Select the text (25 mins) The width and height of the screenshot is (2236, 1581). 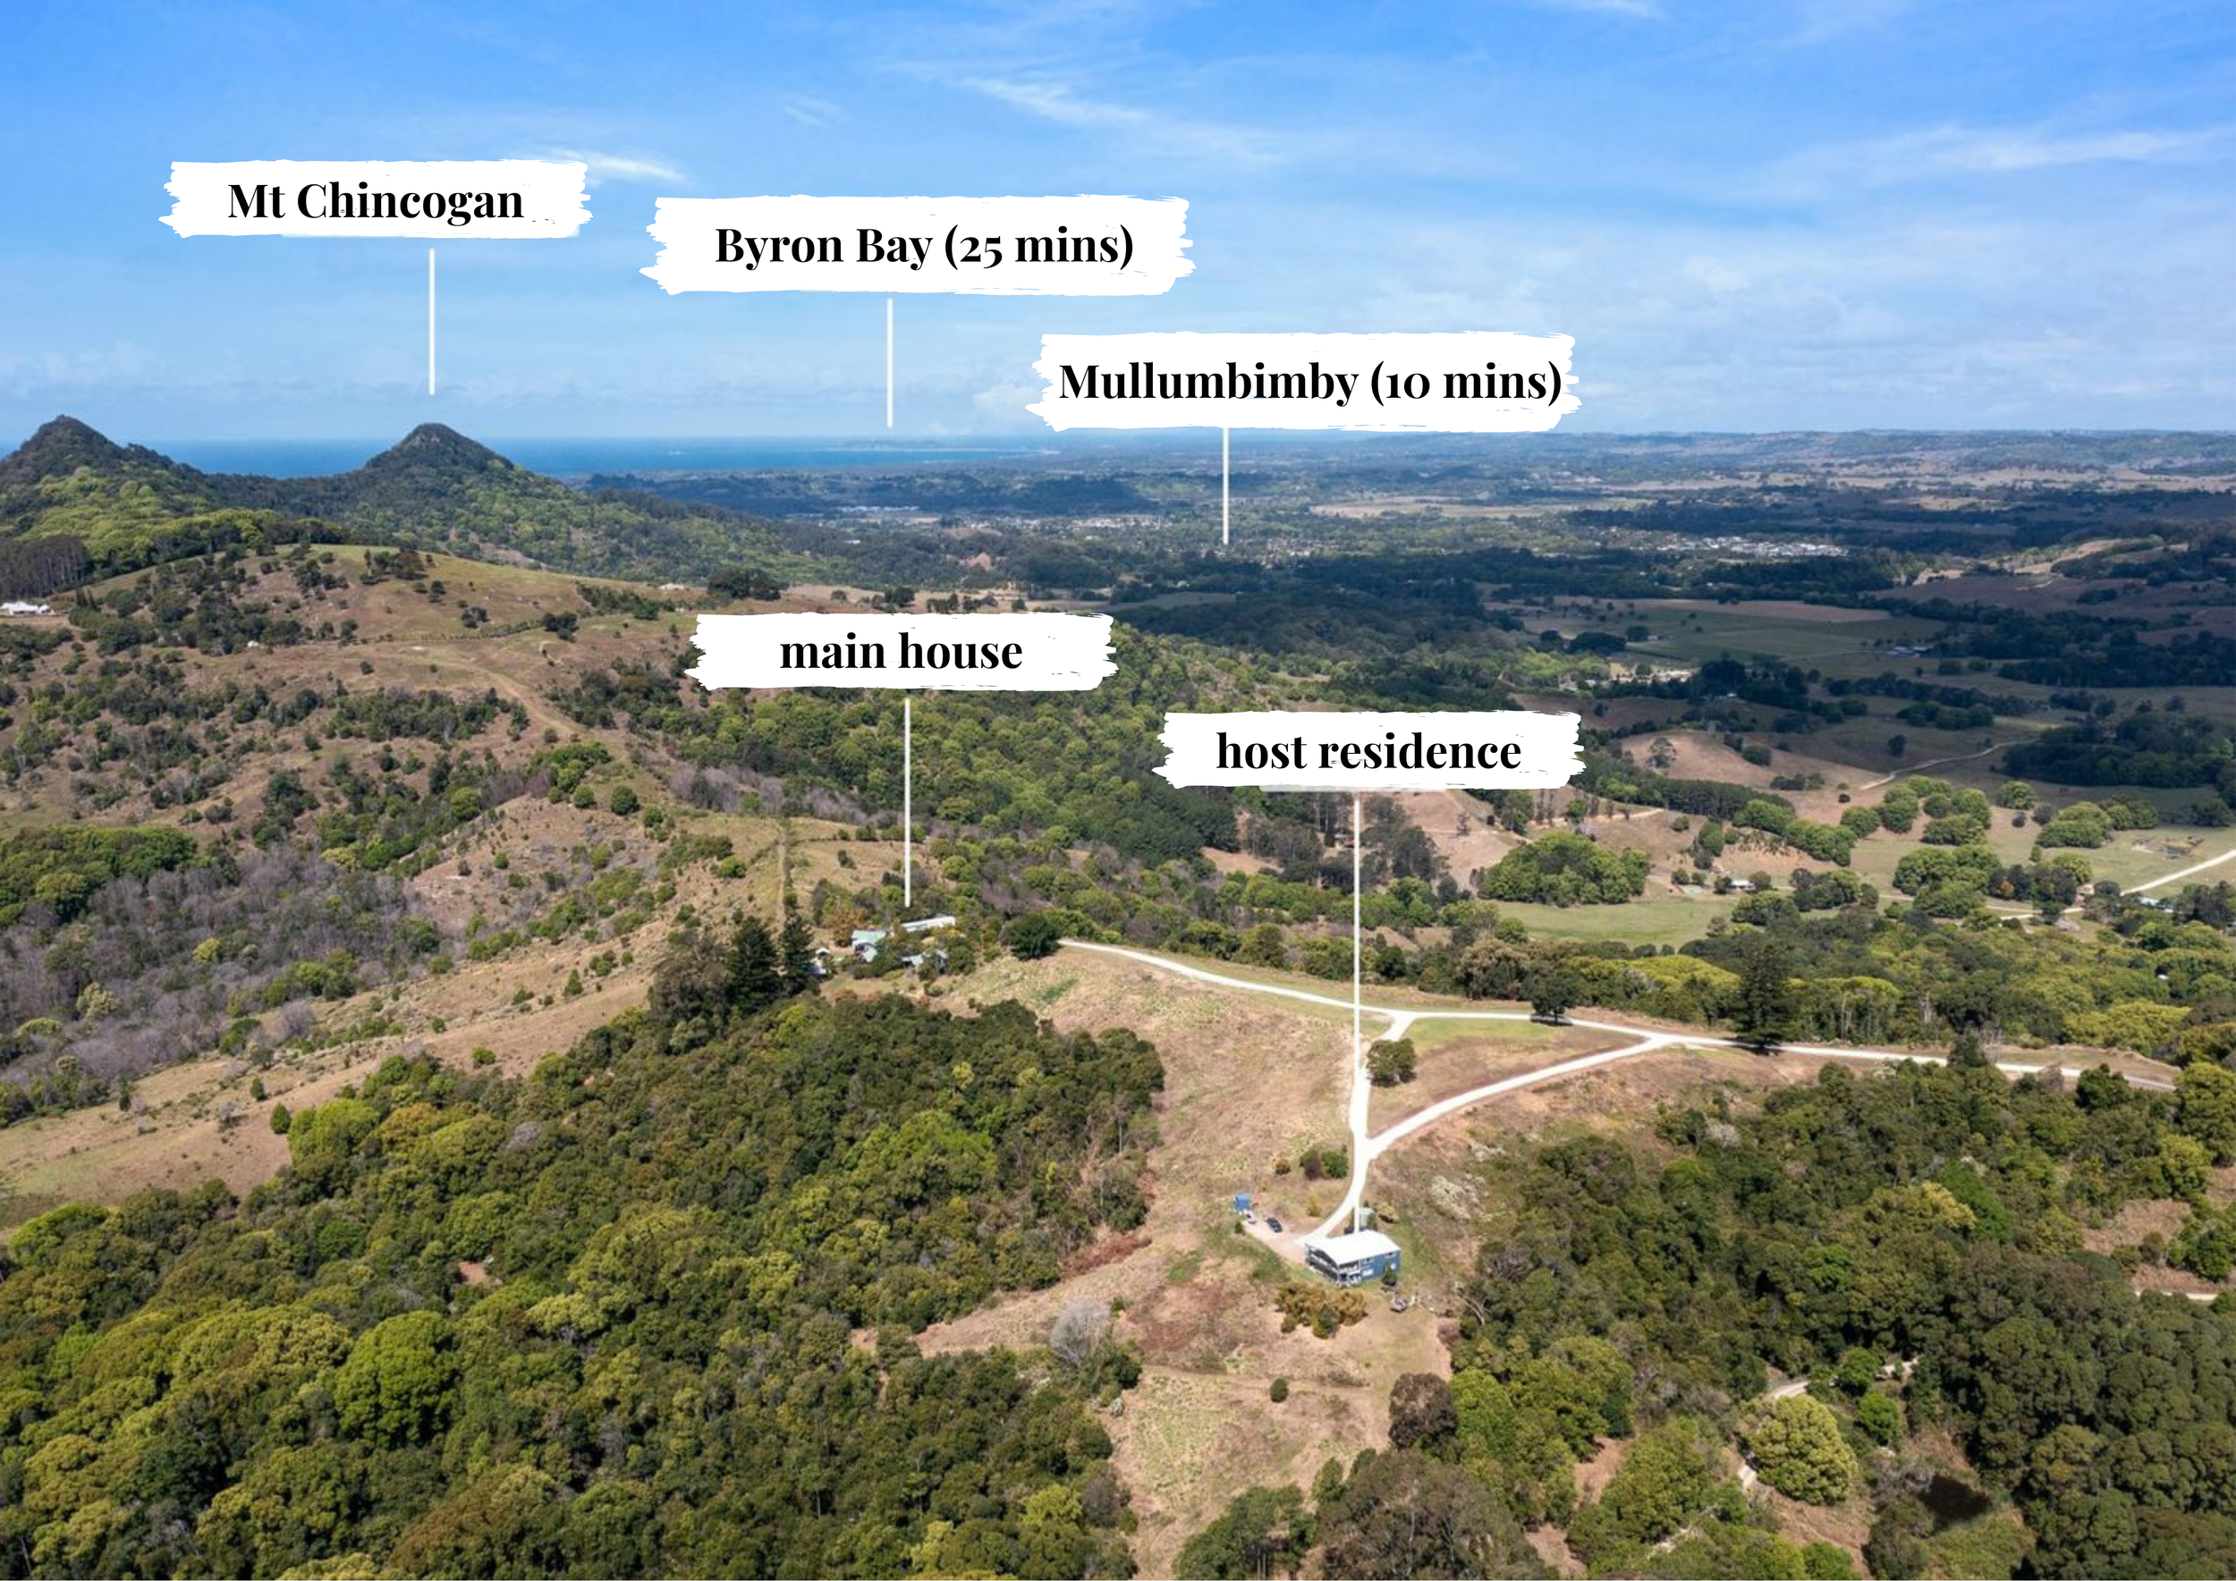1038,246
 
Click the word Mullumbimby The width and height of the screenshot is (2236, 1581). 1207,382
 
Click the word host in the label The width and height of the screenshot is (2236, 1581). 1261,751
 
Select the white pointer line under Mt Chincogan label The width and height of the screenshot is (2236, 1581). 431,321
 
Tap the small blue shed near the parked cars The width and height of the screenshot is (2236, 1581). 1243,1204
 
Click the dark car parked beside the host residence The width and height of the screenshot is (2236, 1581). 1272,1222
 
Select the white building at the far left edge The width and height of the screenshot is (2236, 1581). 23,608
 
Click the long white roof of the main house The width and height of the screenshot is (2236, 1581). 927,922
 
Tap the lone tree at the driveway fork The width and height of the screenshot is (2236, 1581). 1391,1061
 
